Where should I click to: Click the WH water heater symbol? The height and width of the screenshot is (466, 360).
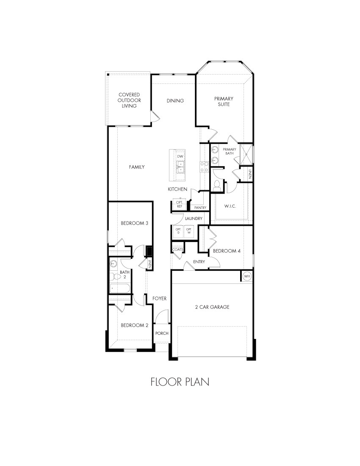[247, 276]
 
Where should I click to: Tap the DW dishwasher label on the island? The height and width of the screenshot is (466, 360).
[180, 157]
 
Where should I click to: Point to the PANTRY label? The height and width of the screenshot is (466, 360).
[200, 208]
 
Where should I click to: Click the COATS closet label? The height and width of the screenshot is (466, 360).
[177, 250]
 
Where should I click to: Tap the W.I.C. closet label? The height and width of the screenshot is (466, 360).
[230, 206]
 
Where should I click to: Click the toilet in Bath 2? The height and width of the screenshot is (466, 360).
[114, 277]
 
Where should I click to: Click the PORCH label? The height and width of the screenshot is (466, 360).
[162, 333]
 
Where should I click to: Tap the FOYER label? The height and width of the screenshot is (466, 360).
[160, 299]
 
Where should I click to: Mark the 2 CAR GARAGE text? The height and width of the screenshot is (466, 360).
[213, 307]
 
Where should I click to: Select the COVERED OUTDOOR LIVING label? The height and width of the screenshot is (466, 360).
[129, 100]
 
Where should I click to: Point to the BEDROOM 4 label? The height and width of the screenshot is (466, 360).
[227, 251]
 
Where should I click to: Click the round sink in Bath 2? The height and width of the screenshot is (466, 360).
[113, 264]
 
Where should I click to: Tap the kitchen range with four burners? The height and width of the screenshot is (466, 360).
[204, 166]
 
